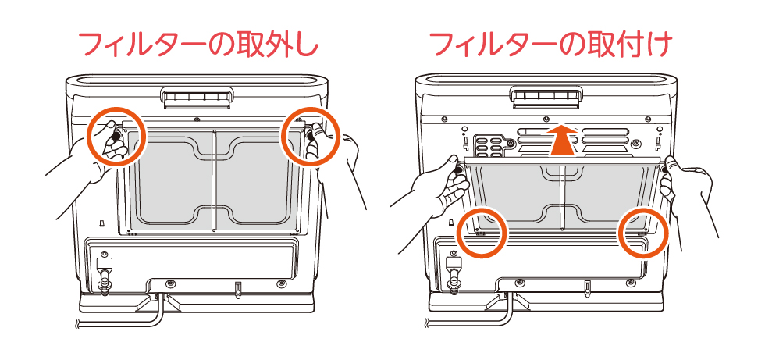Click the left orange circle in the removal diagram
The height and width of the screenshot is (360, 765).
point(117,136)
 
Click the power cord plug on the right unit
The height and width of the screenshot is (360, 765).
point(453,269)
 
